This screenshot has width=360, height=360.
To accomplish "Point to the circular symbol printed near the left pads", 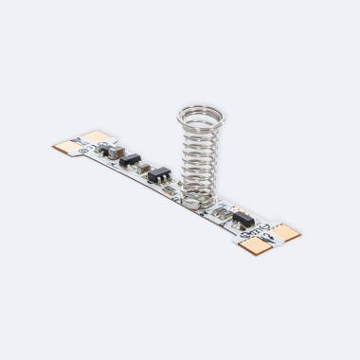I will tap(84, 149).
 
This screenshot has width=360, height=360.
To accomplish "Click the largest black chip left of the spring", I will tap(160, 174).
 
